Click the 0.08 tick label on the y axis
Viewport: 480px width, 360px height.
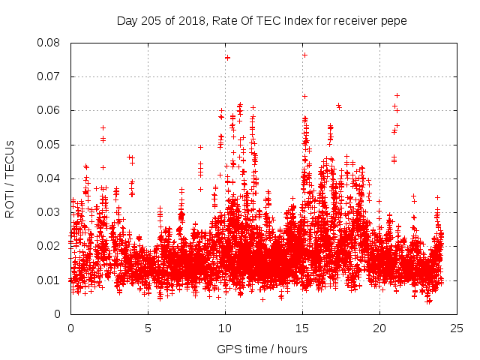[x=50, y=43]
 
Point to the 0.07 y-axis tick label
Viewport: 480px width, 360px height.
[x=50, y=76]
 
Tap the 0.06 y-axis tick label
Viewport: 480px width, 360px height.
[x=50, y=110]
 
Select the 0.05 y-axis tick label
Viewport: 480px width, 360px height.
[x=50, y=144]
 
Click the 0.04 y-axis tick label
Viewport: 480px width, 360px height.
[x=50, y=178]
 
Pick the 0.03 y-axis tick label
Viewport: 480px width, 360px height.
[x=50, y=212]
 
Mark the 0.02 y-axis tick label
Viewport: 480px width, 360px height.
[x=50, y=246]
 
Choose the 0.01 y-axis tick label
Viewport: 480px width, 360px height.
[x=50, y=280]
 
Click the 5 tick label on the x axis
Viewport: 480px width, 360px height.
[x=148, y=328]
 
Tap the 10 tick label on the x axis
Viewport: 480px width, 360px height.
[x=225, y=328]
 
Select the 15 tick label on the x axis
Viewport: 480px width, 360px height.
[x=302, y=328]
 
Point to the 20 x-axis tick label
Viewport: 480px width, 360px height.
[x=379, y=328]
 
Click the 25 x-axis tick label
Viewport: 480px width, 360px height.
[x=457, y=328]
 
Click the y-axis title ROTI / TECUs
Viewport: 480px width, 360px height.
[x=10, y=178]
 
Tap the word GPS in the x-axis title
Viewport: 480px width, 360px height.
[x=228, y=349]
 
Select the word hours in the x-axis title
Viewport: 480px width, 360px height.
[x=291, y=349]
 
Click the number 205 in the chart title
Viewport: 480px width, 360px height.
[x=151, y=20]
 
